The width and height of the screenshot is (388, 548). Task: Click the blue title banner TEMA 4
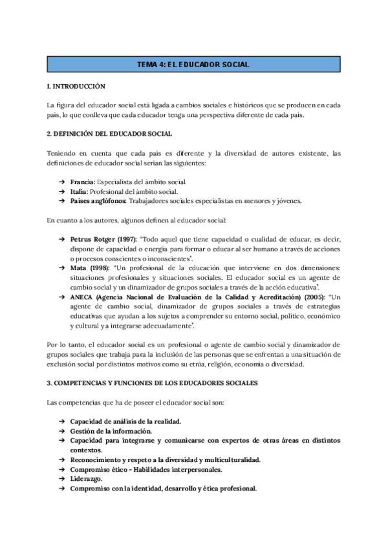coord(193,64)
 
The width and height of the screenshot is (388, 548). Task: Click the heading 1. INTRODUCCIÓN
coord(76,86)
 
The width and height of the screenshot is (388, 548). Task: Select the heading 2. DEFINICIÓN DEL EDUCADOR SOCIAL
coord(109,134)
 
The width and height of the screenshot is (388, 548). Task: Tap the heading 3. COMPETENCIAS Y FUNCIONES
coord(153,383)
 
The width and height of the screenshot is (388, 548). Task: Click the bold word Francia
coord(82,182)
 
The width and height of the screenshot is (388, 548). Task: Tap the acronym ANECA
coord(82,297)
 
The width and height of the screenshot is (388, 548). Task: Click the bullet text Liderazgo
coord(86,479)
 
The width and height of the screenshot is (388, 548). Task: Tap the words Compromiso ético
coord(99,469)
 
